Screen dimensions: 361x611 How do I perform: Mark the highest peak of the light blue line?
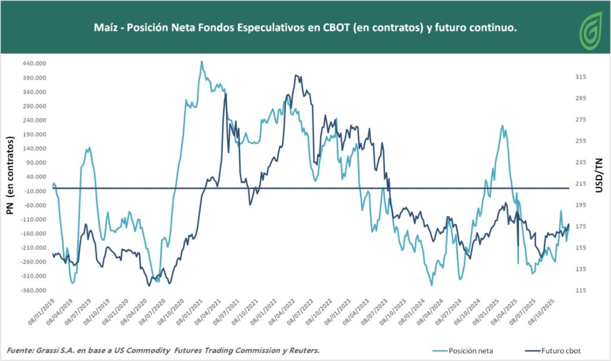(202, 61)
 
